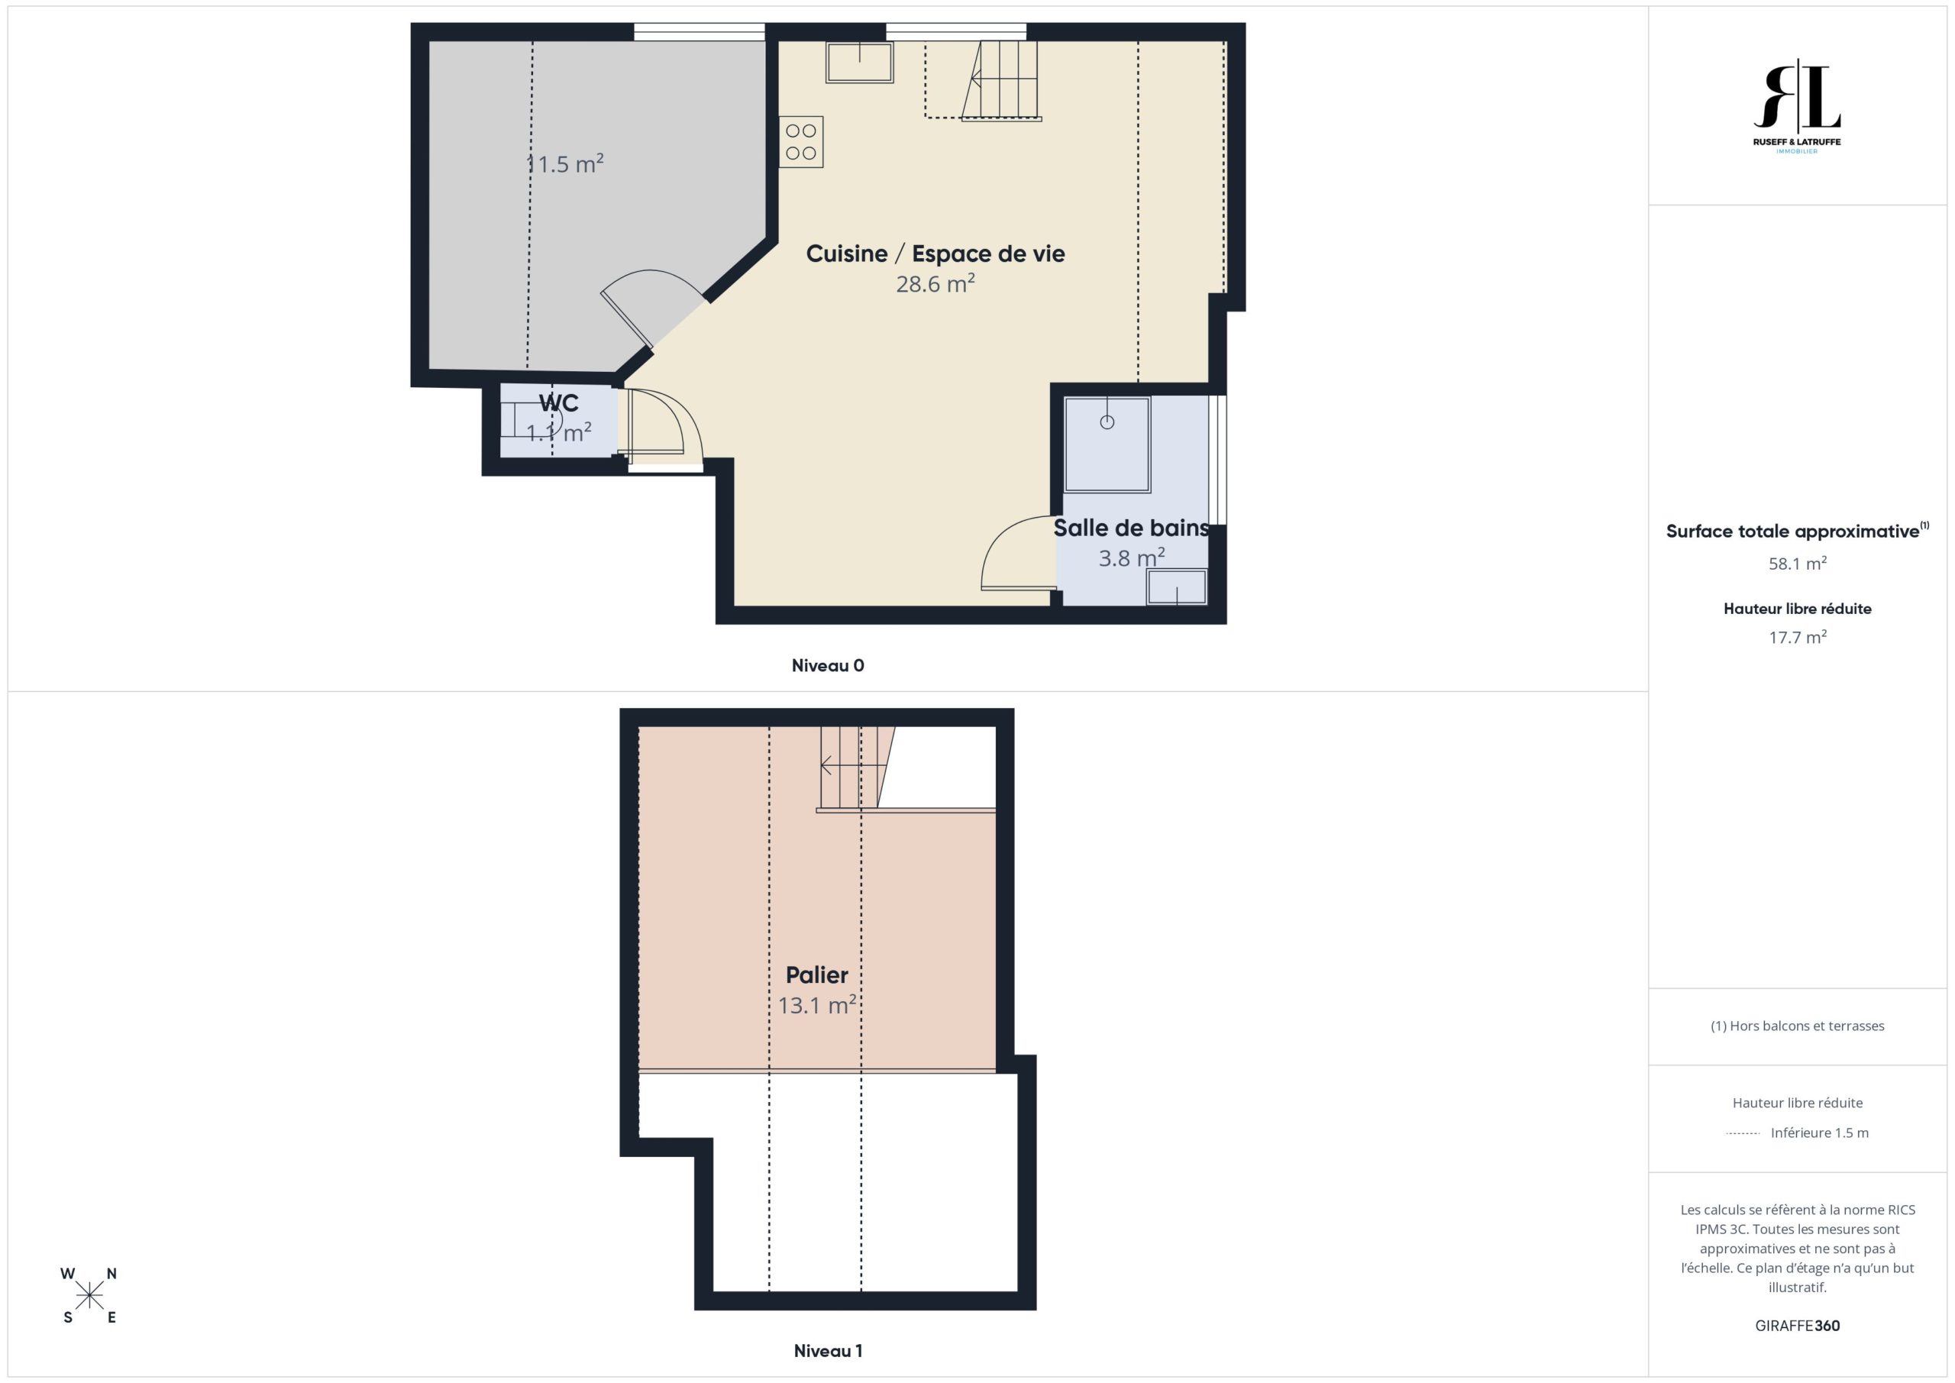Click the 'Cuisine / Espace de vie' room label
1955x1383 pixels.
coord(935,254)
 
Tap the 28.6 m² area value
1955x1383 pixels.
coord(935,283)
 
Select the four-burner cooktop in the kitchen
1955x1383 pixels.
coord(800,142)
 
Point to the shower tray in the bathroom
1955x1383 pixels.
coord(1107,444)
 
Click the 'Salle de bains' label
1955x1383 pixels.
coord(1131,528)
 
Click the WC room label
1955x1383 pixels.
coord(558,402)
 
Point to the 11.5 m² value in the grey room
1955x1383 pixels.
coord(564,163)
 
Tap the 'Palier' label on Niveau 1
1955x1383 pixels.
coord(816,975)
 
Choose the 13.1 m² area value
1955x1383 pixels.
coord(816,1005)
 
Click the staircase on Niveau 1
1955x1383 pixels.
coord(857,767)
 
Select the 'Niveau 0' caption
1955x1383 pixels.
coord(828,666)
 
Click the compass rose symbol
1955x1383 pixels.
coord(89,1296)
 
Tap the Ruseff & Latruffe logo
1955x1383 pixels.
coord(1797,105)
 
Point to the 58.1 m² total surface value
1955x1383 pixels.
coord(1798,564)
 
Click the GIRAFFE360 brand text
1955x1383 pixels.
coord(1798,1326)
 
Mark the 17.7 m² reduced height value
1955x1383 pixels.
coord(1798,637)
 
